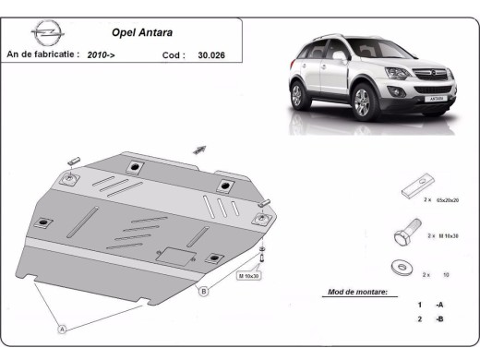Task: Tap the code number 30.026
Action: [212, 54]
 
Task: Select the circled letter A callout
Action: [63, 328]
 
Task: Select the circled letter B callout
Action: [203, 293]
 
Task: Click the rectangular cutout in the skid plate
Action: [174, 258]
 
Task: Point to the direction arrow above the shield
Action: [199, 148]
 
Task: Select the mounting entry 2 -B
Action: [429, 318]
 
